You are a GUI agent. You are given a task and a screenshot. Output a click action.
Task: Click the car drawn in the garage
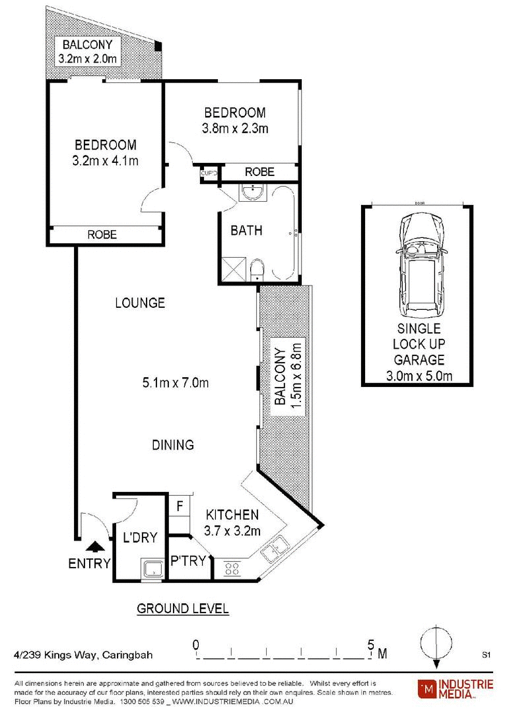420,265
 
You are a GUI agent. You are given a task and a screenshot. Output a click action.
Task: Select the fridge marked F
180,506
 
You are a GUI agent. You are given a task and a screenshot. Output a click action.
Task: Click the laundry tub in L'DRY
153,569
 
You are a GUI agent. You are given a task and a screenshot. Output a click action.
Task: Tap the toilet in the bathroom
257,270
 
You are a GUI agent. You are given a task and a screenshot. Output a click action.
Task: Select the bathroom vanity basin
253,193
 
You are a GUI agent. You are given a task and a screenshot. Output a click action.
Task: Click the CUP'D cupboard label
209,173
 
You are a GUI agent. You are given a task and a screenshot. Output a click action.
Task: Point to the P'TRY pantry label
187,561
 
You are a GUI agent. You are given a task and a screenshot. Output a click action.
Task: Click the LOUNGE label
140,303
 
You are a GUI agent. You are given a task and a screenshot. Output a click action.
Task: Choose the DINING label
173,445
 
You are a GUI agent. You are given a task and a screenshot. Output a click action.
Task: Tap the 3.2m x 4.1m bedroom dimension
105,161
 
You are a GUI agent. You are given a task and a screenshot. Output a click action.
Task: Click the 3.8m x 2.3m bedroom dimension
235,129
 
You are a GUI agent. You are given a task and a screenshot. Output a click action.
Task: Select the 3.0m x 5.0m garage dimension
419,376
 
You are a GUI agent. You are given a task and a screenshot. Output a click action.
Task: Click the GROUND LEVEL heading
183,609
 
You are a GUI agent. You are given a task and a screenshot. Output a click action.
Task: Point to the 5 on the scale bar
371,645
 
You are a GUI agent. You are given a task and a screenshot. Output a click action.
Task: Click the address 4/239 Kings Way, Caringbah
83,655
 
